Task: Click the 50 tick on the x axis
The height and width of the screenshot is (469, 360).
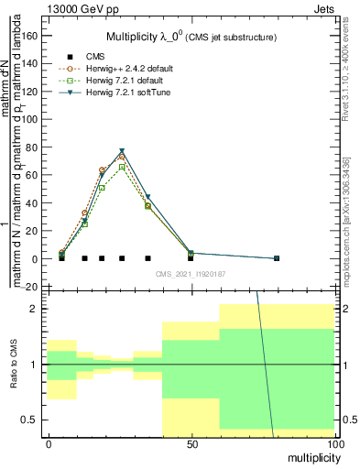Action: point(191,443)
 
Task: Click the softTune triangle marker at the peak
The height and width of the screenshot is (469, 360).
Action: point(122,151)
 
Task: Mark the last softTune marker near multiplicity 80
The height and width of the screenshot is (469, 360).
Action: point(277,258)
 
